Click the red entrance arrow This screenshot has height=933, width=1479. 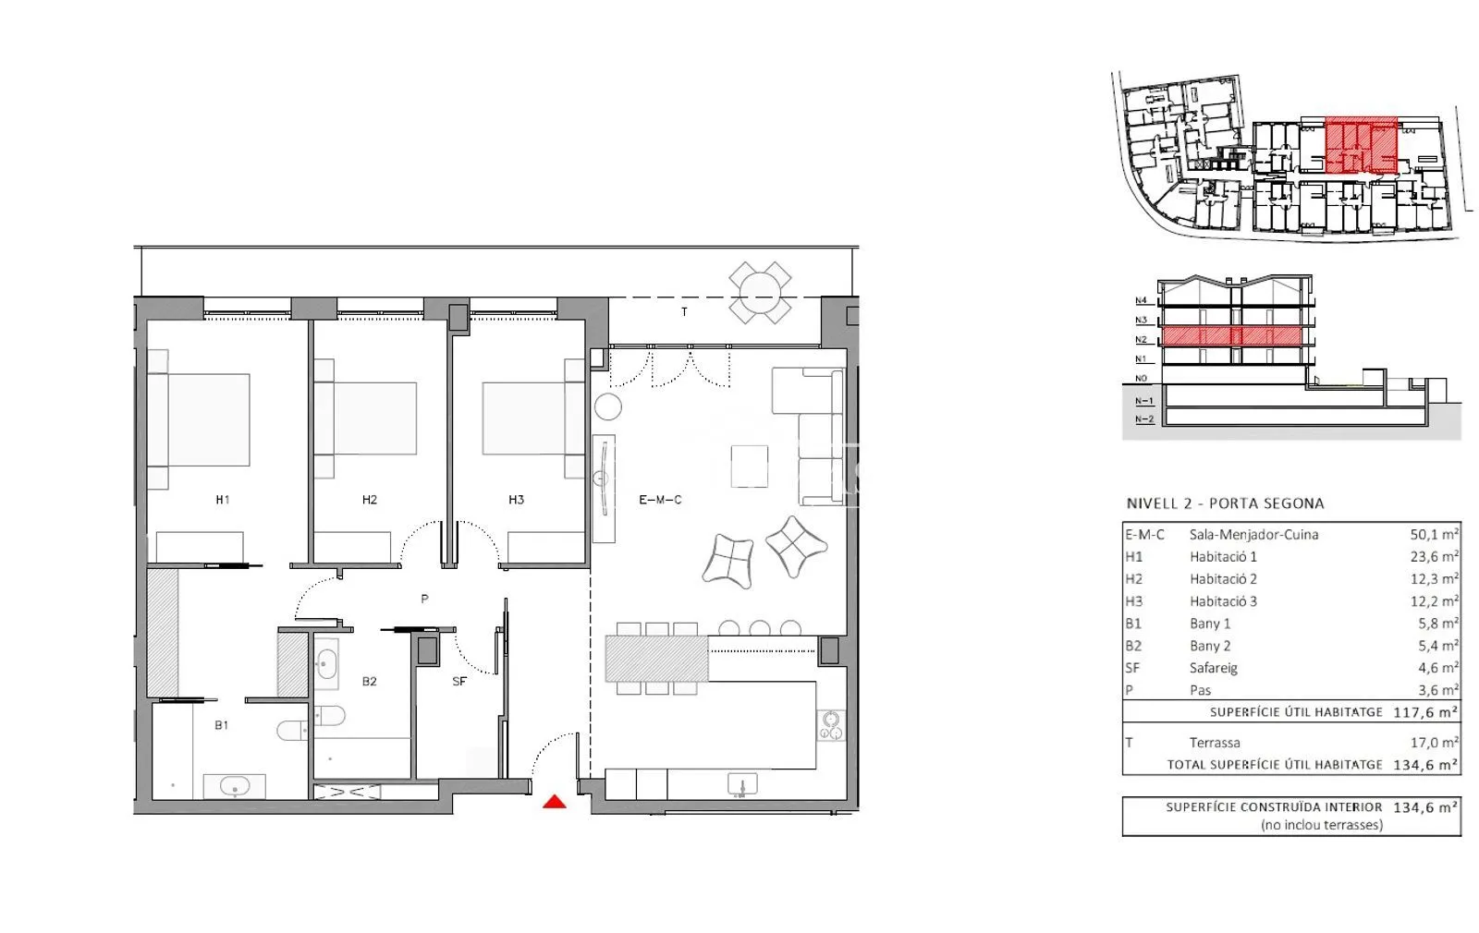click(555, 802)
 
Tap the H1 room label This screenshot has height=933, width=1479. click(223, 500)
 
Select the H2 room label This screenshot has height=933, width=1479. click(369, 500)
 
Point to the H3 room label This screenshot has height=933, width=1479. click(517, 500)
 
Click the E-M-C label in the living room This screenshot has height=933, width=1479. click(660, 500)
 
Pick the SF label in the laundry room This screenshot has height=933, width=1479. click(459, 681)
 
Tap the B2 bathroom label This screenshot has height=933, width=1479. click(369, 681)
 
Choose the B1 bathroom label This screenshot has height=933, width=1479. click(221, 725)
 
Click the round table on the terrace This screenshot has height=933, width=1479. click(760, 292)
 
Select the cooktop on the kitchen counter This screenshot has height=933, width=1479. click(831, 724)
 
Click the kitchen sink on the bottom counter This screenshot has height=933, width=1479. click(743, 784)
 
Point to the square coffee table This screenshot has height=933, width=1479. click(750, 466)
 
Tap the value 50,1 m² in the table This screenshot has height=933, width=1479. click(1434, 535)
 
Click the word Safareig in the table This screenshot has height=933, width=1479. click(1214, 668)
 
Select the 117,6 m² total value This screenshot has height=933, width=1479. click(1425, 712)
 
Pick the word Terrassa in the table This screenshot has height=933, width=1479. click(1215, 743)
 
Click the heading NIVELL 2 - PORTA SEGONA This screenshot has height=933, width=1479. click(1226, 503)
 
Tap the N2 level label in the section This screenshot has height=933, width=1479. click(1141, 340)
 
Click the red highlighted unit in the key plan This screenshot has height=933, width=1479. click(1362, 145)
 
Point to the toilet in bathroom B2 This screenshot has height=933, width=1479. click(329, 715)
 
